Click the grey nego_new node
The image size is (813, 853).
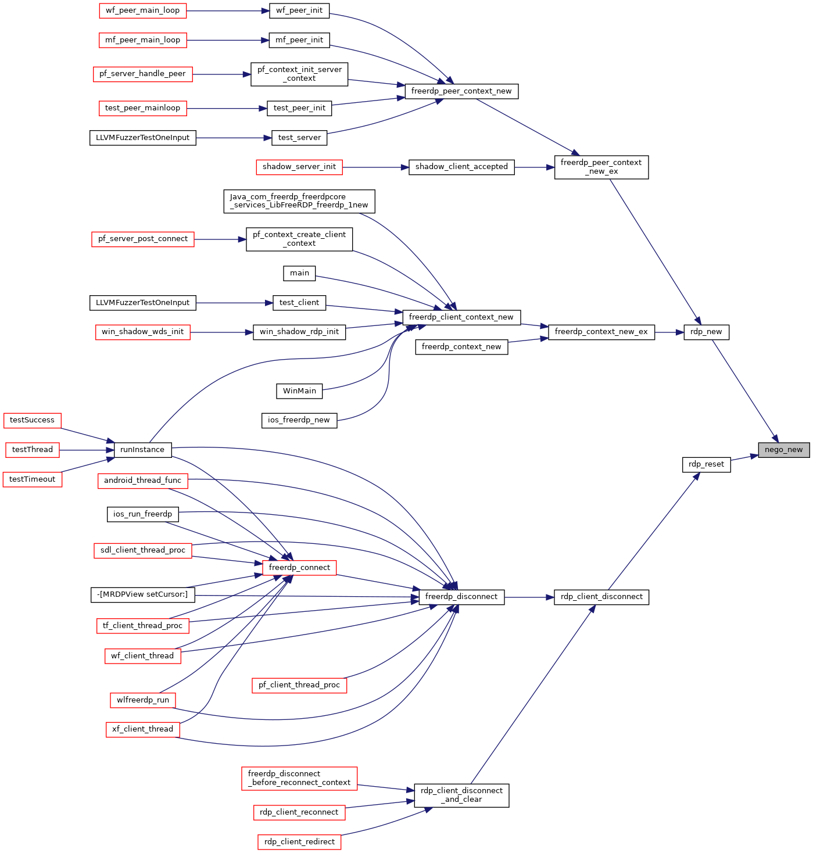[x=783, y=449]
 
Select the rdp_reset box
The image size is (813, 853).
[x=706, y=464]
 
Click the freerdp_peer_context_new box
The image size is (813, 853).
[x=461, y=91]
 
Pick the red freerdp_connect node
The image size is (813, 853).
[x=299, y=567]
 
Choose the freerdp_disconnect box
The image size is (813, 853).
[x=461, y=596]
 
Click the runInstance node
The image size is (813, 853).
[x=142, y=449]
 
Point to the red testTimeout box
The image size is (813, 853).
[x=32, y=479]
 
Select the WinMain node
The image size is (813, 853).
[x=299, y=390]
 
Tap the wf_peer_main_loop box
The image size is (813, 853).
[x=142, y=10]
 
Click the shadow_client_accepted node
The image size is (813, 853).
[x=461, y=167]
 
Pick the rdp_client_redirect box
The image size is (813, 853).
[x=299, y=841]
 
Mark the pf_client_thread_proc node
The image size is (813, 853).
[x=299, y=684]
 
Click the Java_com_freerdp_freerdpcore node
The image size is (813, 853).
[x=299, y=201]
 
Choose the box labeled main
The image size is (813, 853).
[x=299, y=273]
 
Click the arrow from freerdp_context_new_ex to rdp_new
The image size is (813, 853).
[x=669, y=332]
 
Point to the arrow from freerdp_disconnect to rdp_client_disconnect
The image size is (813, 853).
[x=529, y=597]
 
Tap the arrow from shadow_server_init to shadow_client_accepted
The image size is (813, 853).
[x=375, y=167]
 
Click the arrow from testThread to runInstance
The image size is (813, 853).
[x=87, y=450]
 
